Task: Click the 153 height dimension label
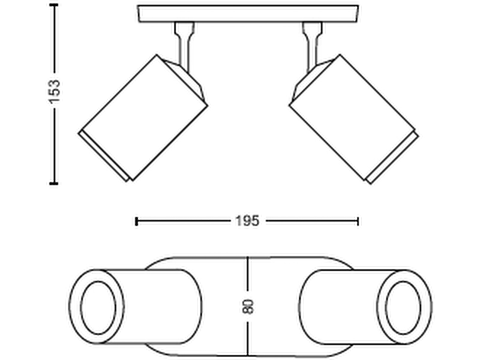(x=54, y=91)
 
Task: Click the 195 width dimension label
(x=247, y=221)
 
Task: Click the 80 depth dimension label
(x=248, y=307)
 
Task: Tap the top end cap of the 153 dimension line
(x=54, y=5)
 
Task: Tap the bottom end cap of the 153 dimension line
(x=54, y=183)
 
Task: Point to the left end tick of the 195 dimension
(x=136, y=221)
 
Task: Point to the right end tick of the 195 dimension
(x=358, y=221)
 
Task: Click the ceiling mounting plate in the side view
(x=248, y=13)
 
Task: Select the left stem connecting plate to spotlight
(x=184, y=46)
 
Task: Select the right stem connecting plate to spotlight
(x=312, y=46)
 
